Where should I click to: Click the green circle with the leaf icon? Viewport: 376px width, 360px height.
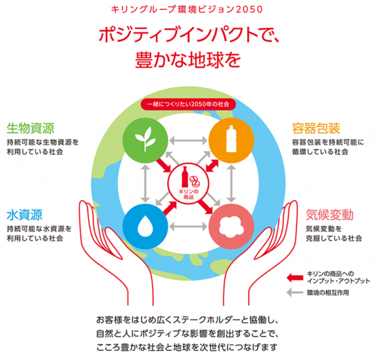[145, 140]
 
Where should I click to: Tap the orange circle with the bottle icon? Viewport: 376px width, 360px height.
[231, 140]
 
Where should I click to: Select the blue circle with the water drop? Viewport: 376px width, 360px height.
[145, 227]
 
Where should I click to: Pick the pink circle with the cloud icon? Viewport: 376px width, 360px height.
[231, 227]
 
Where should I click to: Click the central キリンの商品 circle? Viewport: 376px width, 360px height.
[188, 184]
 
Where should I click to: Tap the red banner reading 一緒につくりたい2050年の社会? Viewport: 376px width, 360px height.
[188, 104]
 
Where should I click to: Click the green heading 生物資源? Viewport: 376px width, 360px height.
[31, 128]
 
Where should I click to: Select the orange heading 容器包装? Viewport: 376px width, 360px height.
[316, 128]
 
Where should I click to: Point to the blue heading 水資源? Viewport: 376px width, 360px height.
[25, 215]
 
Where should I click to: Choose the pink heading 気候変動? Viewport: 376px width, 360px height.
[330, 215]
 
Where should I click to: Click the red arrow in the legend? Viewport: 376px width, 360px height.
[295, 278]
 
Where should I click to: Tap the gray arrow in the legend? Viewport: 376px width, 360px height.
[295, 292]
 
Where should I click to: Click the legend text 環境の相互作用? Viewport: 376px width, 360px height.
[328, 293]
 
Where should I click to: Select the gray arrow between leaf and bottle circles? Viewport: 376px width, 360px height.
[188, 140]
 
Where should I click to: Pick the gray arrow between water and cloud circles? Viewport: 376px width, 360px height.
[188, 227]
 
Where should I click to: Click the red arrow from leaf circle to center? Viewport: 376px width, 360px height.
[164, 166]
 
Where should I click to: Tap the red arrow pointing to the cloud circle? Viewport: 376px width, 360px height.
[206, 206]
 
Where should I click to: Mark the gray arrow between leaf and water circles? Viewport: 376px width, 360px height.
[145, 184]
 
